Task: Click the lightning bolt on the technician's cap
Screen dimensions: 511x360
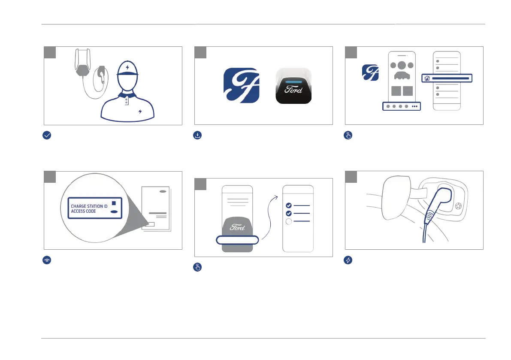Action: click(127, 67)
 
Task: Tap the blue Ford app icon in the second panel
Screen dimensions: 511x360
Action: click(242, 85)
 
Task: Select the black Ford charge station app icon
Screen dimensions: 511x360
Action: click(293, 85)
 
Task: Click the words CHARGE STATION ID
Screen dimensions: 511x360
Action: click(89, 206)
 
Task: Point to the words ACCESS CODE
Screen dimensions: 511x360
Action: click(83, 212)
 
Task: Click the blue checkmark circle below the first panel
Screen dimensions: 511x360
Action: click(47, 135)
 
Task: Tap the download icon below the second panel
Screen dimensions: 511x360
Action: click(197, 135)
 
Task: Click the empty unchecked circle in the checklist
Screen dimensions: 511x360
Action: click(289, 221)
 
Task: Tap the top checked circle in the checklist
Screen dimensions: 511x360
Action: click(289, 205)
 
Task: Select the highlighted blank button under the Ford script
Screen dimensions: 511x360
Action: click(237, 240)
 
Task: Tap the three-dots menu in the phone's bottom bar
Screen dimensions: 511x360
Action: click(414, 106)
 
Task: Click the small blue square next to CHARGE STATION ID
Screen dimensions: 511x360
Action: click(114, 203)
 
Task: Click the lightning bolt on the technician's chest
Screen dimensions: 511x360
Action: click(139, 112)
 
